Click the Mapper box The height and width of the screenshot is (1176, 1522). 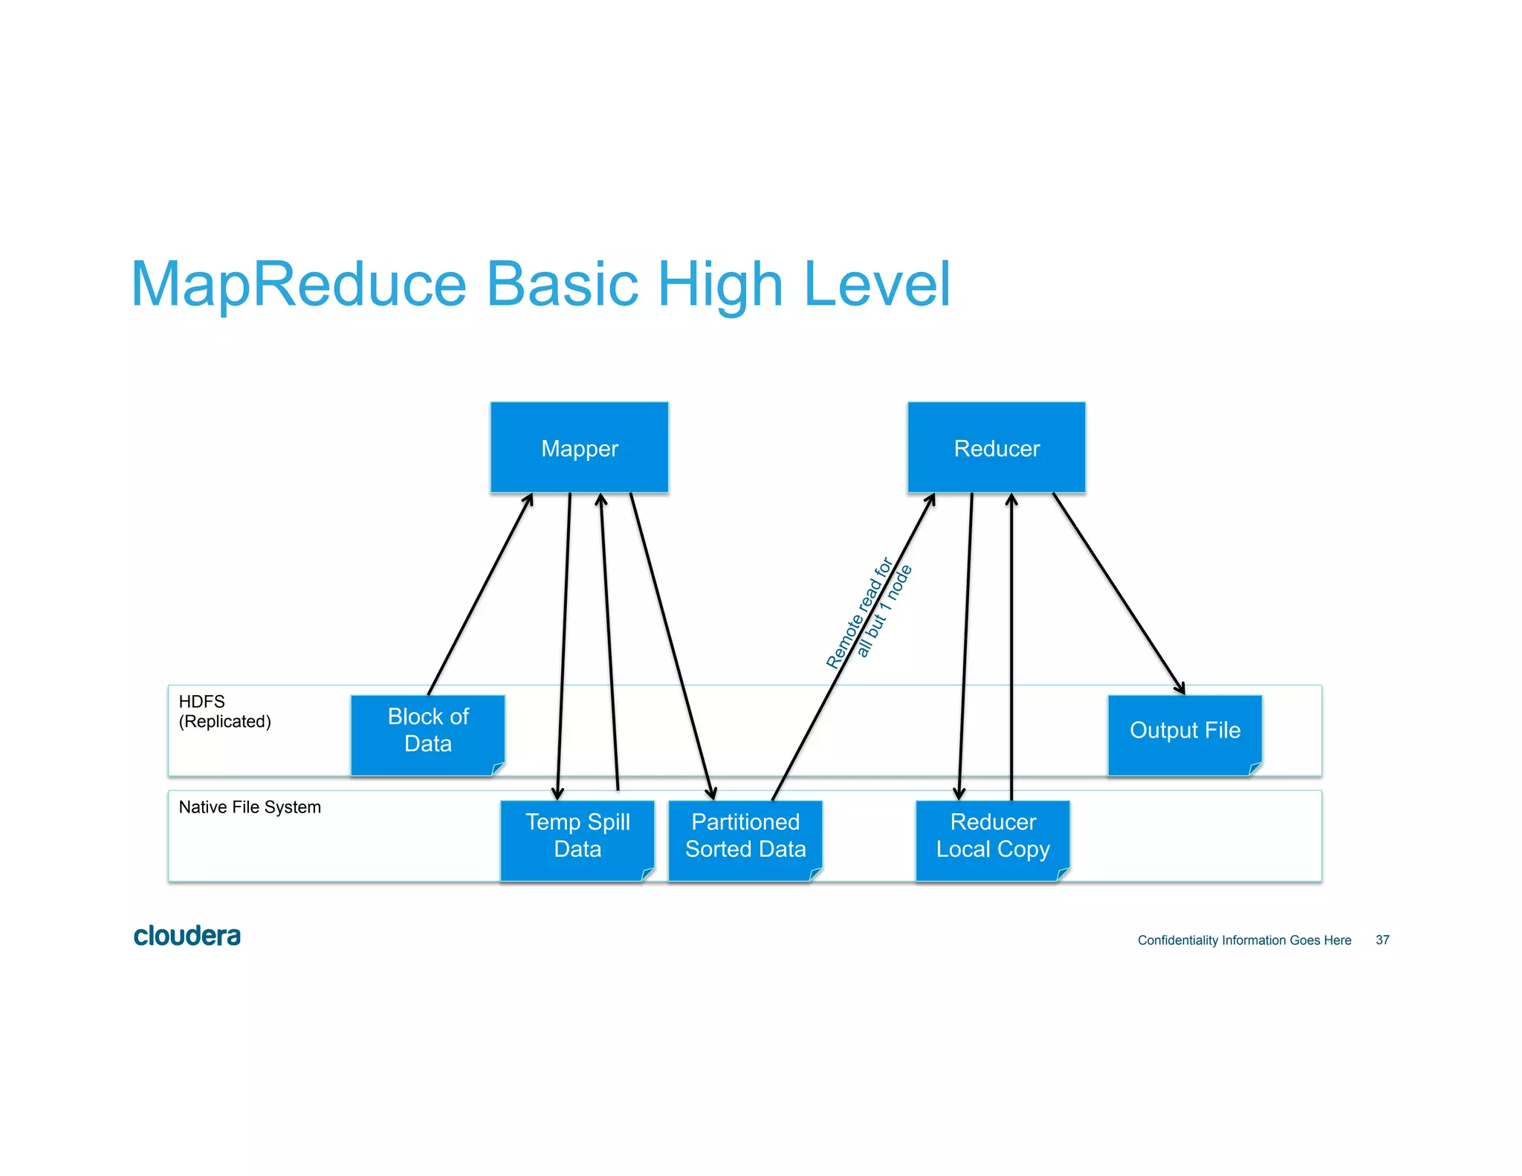click(x=579, y=448)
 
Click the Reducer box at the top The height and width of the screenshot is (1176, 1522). click(x=996, y=448)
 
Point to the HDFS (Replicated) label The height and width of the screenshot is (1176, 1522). click(x=224, y=711)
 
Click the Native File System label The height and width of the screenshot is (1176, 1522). click(x=250, y=807)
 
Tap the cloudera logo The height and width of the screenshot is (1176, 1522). click(x=187, y=936)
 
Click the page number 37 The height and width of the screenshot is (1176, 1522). click(x=1382, y=940)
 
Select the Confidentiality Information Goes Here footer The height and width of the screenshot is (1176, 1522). click(x=1244, y=940)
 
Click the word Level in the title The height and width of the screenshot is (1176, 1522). click(x=877, y=285)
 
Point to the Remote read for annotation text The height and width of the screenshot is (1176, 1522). click(x=858, y=613)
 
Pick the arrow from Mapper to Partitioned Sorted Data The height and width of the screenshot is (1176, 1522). click(x=670, y=645)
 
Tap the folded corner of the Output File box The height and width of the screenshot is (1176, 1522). click(x=1255, y=769)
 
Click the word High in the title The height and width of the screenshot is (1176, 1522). click(x=720, y=285)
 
